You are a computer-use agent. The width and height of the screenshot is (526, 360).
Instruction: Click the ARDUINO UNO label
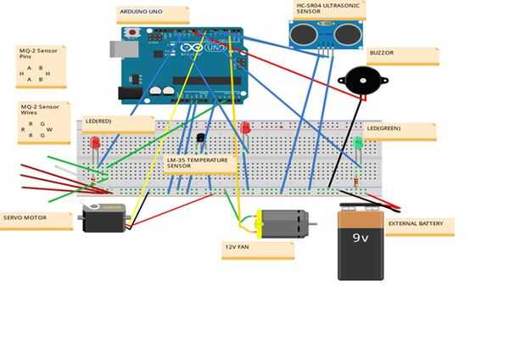pos(153,14)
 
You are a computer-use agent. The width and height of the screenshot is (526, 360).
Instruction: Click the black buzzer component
pos(362,82)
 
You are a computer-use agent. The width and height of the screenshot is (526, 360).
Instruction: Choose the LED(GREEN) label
pos(399,131)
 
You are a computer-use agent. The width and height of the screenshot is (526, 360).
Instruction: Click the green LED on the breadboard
pos(358,143)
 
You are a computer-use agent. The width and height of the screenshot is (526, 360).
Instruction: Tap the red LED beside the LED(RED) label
pos(95,143)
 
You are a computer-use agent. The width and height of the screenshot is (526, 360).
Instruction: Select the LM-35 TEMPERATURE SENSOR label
pos(199,164)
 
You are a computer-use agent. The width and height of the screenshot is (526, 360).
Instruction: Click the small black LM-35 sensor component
pos(201,138)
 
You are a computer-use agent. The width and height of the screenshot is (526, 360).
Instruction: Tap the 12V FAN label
pos(257,250)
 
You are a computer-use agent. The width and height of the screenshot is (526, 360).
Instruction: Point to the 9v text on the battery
pos(361,238)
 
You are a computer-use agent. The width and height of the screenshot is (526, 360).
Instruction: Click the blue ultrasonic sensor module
pos(325,34)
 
